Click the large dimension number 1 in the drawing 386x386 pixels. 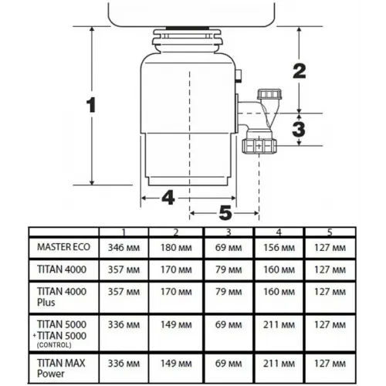(91, 105)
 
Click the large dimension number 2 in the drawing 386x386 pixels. (300, 71)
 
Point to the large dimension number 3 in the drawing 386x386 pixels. (299, 129)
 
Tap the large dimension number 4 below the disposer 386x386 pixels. (168, 198)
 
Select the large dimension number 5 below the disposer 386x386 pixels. (225, 213)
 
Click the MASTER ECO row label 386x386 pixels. (63, 247)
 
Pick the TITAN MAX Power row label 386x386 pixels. (61, 368)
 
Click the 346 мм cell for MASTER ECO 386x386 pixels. (124, 248)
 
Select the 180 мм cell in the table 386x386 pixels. (176, 248)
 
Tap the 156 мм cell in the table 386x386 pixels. (279, 248)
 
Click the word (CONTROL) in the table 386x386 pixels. (54, 345)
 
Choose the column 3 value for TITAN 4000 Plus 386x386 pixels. (229, 292)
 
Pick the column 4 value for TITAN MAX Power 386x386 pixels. (279, 364)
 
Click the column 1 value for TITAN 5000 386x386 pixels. (124, 325)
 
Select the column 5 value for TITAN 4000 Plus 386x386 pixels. (330, 292)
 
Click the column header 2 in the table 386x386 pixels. (176, 232)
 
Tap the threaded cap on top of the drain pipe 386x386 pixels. (269, 94)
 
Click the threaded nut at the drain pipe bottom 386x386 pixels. (259, 146)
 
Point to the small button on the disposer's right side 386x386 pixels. (239, 76)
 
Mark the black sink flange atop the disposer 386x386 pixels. (187, 28)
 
